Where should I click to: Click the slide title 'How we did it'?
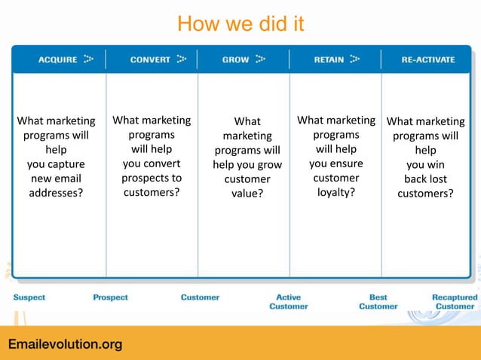[x=240, y=25]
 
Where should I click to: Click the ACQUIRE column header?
[x=57, y=59]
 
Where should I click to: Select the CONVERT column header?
[x=150, y=59]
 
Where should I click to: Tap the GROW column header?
[x=235, y=59]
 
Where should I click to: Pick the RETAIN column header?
[x=329, y=59]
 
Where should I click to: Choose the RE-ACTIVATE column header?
[x=427, y=59]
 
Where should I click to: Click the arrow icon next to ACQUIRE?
[x=89, y=59]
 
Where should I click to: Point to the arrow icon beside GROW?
[x=261, y=59]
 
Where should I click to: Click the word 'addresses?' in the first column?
[x=56, y=193]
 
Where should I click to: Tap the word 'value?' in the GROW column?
[x=247, y=194]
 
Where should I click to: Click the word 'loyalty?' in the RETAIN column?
[x=336, y=193]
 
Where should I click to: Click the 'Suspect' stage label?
[x=29, y=297]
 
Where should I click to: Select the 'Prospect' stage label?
[x=110, y=297]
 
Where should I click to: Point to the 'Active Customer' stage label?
[x=289, y=302]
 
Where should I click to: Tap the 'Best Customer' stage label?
[x=378, y=302]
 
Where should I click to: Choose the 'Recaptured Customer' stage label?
[x=455, y=302]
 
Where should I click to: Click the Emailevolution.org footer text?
[x=65, y=345]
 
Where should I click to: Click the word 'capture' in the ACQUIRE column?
[x=69, y=164]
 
